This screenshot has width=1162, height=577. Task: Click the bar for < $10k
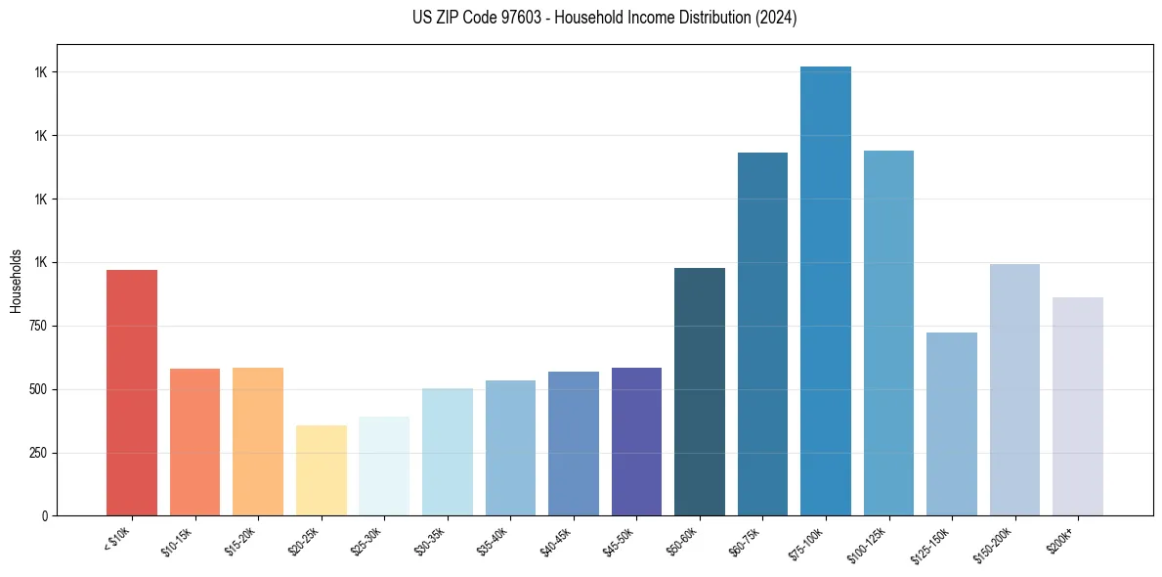[x=132, y=392]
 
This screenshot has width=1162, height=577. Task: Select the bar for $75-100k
[x=826, y=290]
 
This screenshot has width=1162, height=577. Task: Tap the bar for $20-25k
[x=322, y=470]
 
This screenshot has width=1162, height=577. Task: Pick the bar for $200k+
[x=1078, y=406]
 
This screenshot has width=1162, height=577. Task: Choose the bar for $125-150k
[x=952, y=423]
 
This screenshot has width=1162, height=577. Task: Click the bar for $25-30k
[x=384, y=466]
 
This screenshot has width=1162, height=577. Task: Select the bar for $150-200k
[x=1014, y=389]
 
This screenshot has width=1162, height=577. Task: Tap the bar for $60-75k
[x=762, y=333]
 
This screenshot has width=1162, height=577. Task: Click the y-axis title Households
[x=16, y=281]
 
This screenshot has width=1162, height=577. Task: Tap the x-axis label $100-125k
[x=877, y=542]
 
